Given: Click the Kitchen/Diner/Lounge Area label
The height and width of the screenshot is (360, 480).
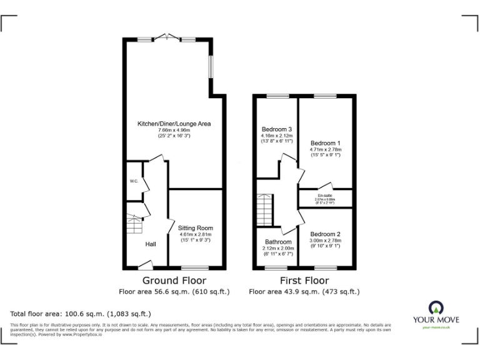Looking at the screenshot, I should click(x=174, y=124).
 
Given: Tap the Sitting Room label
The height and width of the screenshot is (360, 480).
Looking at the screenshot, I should click(x=195, y=228).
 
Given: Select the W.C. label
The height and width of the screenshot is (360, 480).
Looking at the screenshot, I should click(x=134, y=181).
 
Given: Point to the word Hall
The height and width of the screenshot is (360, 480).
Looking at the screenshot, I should click(x=151, y=244).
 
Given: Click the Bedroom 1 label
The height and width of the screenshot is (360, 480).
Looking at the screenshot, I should click(x=326, y=142).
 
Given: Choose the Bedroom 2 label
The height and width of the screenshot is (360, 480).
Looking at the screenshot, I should click(x=326, y=234).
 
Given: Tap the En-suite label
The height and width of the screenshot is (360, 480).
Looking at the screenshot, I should click(x=324, y=195).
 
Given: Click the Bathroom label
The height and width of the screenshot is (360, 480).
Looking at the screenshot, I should click(x=278, y=242).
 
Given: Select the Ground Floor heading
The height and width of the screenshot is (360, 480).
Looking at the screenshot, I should click(x=174, y=281).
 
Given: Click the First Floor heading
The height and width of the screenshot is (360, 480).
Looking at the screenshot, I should click(x=304, y=281).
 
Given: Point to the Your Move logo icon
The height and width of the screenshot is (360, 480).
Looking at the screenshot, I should click(x=436, y=307).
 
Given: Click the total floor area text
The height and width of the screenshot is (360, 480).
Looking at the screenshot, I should click(x=81, y=314).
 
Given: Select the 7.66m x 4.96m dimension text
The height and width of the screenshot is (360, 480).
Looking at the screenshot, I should click(x=174, y=130).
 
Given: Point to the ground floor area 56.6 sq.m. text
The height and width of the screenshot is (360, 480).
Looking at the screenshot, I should click(x=174, y=291).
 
